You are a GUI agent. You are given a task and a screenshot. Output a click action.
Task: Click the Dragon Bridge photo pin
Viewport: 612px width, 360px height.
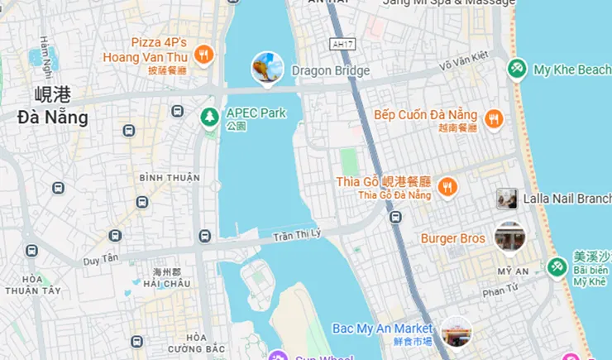[267, 69]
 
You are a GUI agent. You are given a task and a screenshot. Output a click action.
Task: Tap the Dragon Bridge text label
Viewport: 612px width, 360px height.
[330, 71]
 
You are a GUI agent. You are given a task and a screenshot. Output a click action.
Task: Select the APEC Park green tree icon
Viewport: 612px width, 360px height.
[210, 118]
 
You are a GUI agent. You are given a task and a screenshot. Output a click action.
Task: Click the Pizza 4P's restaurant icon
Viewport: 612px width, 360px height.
[203, 55]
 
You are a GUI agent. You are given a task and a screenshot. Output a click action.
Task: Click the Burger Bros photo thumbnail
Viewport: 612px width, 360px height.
[509, 238]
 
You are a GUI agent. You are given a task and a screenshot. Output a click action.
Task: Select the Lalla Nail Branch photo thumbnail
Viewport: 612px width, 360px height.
[507, 199]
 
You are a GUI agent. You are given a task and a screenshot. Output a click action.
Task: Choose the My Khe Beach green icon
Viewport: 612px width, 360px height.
[518, 69]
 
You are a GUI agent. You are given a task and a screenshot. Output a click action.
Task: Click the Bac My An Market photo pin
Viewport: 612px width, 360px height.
[456, 332]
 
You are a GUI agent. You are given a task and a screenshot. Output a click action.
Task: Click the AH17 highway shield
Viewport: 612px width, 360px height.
[337, 44]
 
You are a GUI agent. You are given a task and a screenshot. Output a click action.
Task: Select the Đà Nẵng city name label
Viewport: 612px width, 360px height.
[52, 117]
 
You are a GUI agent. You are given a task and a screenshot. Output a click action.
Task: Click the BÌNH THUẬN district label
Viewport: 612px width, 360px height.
[170, 178]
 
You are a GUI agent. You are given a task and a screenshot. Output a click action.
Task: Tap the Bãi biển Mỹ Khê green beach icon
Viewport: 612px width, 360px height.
[557, 267]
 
